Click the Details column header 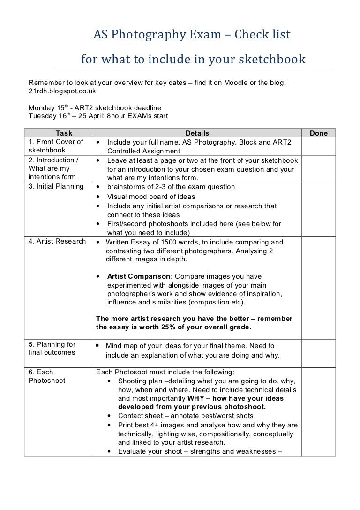click(197, 133)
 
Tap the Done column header click(319, 133)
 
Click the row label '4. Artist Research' click(57, 242)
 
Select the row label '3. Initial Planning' click(57, 187)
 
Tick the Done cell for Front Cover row click(319, 146)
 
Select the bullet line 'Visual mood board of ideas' click(151, 197)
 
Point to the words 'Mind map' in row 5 click(121, 346)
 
